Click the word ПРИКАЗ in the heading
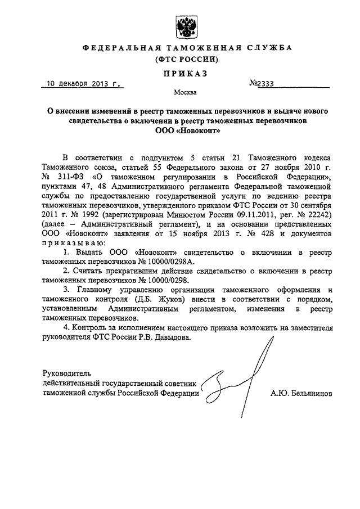[x=186, y=73]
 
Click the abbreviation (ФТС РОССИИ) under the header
[x=186, y=59]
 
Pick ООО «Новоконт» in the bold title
[x=187, y=131]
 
